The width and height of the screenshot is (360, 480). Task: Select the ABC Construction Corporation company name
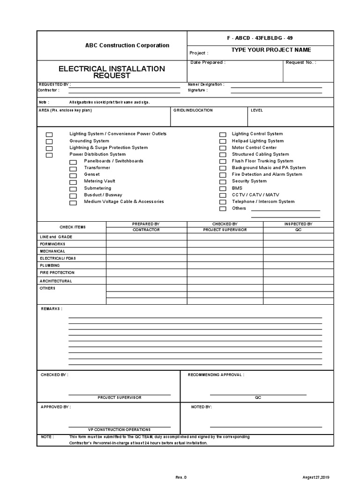pyautogui.click(x=127, y=45)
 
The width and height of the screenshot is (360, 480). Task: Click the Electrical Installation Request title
pyautogui.click(x=112, y=72)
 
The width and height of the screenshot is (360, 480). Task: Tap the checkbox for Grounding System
pyautogui.click(x=49, y=141)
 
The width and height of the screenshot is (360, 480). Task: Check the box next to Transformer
pyautogui.click(x=73, y=168)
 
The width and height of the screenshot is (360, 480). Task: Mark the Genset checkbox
pyautogui.click(x=73, y=175)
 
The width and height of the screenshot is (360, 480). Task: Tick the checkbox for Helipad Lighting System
pyautogui.click(x=223, y=141)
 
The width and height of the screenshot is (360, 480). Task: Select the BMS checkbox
pyautogui.click(x=223, y=188)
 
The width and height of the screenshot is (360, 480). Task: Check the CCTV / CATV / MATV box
pyautogui.click(x=223, y=195)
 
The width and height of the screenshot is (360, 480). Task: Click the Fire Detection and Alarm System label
pyautogui.click(x=267, y=174)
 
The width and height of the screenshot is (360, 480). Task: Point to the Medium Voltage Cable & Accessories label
pyautogui.click(x=124, y=202)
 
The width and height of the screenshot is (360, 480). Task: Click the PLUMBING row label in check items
pyautogui.click(x=50, y=265)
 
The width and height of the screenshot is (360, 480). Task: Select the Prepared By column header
pyautogui.click(x=146, y=225)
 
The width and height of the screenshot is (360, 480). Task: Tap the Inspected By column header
pyautogui.click(x=298, y=225)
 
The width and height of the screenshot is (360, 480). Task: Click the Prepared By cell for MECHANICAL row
pyautogui.click(x=146, y=251)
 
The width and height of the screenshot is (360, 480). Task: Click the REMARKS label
pyautogui.click(x=52, y=309)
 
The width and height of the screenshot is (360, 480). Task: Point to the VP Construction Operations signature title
pyautogui.click(x=119, y=429)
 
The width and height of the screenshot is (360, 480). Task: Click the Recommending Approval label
pyautogui.click(x=216, y=375)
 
